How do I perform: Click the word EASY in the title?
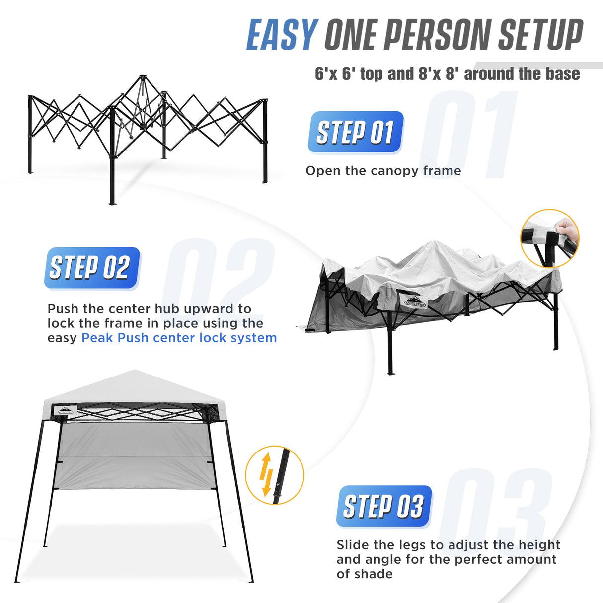tap(282, 35)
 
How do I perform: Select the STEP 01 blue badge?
tap(355, 132)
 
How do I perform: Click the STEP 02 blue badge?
tap(91, 268)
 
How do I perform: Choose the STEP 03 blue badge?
tap(383, 506)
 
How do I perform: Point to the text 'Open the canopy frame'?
tap(383, 171)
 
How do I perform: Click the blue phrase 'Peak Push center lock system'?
tap(179, 338)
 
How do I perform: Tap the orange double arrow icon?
tap(267, 474)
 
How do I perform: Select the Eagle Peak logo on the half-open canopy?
tap(415, 301)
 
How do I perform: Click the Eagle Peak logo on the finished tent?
tap(65, 410)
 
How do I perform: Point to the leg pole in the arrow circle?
tap(281, 474)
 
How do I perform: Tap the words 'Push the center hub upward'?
tap(149, 309)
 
